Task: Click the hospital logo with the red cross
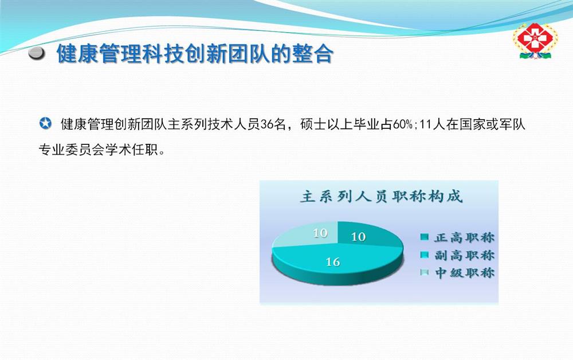point(535,41)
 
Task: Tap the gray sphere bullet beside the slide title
point(37,54)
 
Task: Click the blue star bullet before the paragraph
point(45,123)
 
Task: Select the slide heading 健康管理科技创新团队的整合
point(195,54)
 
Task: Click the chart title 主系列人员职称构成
point(381,197)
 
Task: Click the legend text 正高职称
point(465,237)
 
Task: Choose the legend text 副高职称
point(465,255)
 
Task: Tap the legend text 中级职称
point(465,273)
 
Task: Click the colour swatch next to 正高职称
point(424,237)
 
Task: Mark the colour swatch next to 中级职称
point(424,273)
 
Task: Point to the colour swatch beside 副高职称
point(424,255)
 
